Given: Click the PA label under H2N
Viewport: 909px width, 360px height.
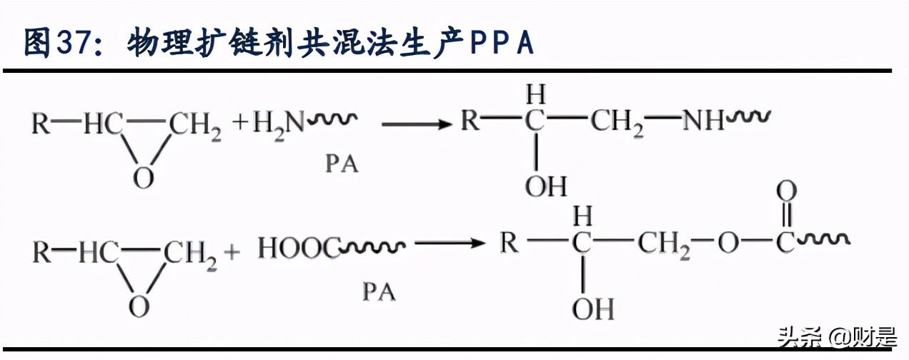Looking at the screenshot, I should (x=342, y=164).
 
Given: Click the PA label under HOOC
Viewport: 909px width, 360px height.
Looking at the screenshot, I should (x=379, y=291).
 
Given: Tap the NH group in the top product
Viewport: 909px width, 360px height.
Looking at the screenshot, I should (x=702, y=121).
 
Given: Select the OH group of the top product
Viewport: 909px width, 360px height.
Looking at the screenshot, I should (x=546, y=187).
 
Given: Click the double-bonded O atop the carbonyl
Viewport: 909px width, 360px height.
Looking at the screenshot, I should (x=786, y=191).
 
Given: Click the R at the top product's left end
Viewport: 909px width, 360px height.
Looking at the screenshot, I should (x=470, y=121).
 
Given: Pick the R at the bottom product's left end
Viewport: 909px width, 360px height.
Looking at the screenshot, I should (x=509, y=243).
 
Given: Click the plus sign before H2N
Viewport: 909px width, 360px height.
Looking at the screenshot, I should (x=240, y=124).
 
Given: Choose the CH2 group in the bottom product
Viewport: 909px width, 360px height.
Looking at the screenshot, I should (x=661, y=244).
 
